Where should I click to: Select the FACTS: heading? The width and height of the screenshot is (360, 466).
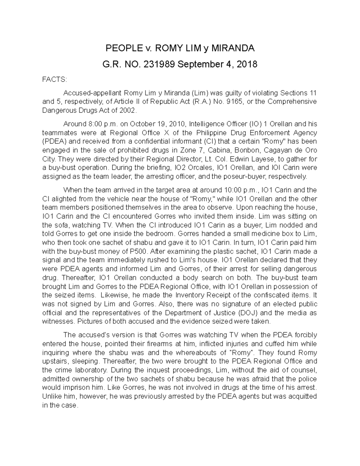tap(55, 80)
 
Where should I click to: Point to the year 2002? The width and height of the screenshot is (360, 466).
tap(127, 110)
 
